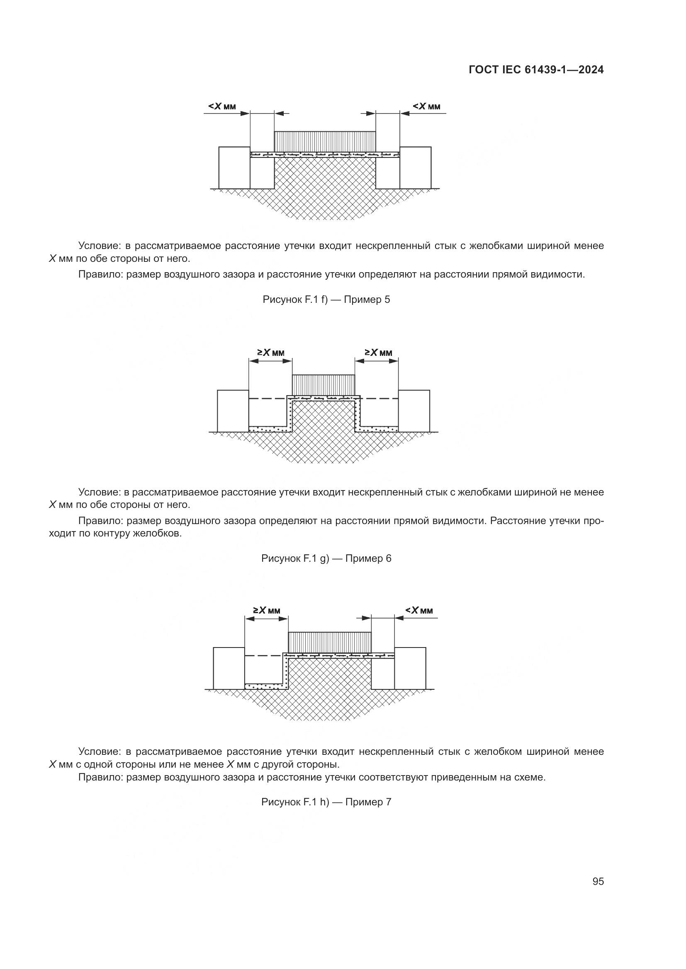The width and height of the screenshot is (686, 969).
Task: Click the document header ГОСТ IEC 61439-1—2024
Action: [536, 70]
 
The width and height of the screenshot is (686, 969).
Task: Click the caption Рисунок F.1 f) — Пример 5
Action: [326, 300]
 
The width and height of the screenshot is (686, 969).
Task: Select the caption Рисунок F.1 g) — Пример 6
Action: [326, 559]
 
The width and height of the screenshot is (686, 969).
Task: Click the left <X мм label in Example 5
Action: [222, 106]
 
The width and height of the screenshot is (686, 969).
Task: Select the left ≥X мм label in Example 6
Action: [271, 353]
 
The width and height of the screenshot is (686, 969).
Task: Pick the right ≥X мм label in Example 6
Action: [379, 353]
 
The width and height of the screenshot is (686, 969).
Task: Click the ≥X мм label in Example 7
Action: [267, 610]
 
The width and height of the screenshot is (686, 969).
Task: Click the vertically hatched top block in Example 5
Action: [325, 141]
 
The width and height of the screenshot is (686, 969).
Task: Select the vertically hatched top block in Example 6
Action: [324, 384]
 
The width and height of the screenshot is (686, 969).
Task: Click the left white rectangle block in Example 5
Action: [234, 167]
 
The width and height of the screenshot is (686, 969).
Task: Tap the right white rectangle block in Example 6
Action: [414, 411]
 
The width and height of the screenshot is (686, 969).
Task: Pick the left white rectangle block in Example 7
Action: [229, 668]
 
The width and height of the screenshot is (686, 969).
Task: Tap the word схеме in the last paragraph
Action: [531, 777]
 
